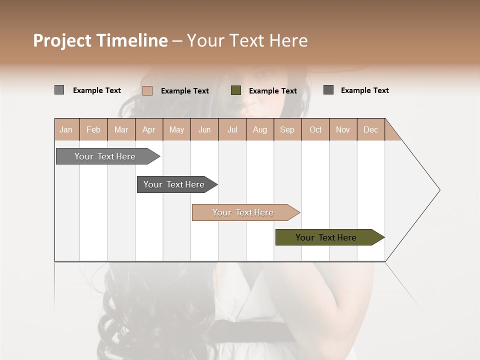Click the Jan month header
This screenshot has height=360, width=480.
pos(66,129)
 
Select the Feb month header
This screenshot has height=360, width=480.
pos(93,129)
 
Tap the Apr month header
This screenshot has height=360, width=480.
pos(149,129)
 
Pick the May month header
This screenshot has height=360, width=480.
pos(176,129)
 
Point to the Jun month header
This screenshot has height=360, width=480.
pos(204,129)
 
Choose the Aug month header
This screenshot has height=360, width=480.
pos(260,129)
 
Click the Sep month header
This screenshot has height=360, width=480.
pos(287,129)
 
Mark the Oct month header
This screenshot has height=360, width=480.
pos(315,129)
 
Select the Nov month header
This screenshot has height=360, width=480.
pos(343,129)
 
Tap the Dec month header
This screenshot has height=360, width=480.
pos(371,129)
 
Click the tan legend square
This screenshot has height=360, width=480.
pos(147,90)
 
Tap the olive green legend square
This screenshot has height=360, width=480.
pos(236,90)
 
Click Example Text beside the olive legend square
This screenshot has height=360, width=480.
pos(273,91)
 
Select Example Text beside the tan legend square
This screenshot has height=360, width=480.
pos(185,91)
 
